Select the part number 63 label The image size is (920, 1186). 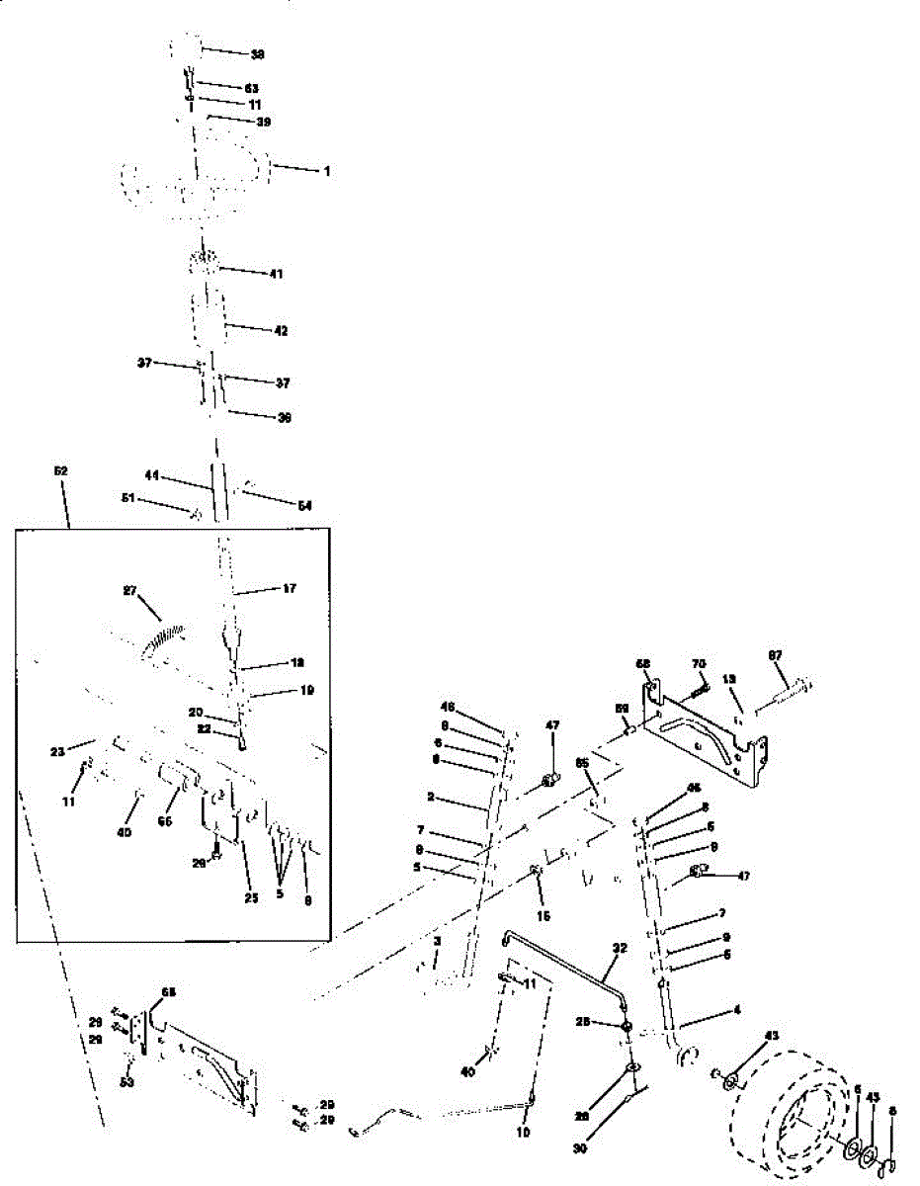[251, 88]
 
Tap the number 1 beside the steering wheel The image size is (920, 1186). [325, 171]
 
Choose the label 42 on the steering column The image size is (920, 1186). [281, 331]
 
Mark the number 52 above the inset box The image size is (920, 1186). [60, 471]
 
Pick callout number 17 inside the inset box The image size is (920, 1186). [289, 589]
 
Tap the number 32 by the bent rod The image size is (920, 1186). [620, 947]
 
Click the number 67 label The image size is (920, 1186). [776, 655]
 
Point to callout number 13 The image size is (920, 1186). [729, 679]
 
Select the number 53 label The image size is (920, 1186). [127, 1082]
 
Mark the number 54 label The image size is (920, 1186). [304, 505]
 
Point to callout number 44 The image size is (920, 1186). [152, 476]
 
